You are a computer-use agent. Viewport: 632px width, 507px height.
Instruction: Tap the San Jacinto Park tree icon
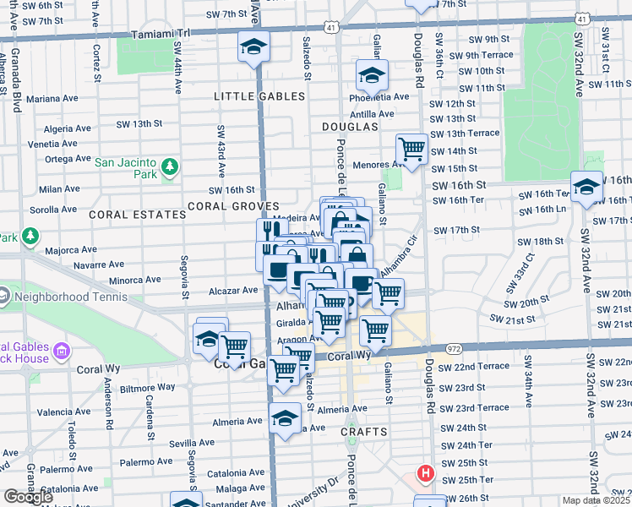coord(170,167)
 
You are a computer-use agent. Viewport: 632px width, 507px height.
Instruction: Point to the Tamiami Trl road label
coord(162,35)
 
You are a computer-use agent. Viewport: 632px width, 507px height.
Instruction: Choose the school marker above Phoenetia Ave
coord(371,77)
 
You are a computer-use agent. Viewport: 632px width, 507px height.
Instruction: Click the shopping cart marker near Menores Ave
coord(411,150)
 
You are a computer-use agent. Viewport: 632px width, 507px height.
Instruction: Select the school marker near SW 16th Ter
coord(586,187)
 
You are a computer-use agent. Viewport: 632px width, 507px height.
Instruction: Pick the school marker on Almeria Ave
coord(286,417)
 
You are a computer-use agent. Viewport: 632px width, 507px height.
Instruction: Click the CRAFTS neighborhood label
coord(365,432)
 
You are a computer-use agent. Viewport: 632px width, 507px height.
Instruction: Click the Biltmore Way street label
coord(149,387)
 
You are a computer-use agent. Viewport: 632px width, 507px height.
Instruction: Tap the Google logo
coord(28,497)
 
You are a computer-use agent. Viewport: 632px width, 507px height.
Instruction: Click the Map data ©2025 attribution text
coord(597,500)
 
